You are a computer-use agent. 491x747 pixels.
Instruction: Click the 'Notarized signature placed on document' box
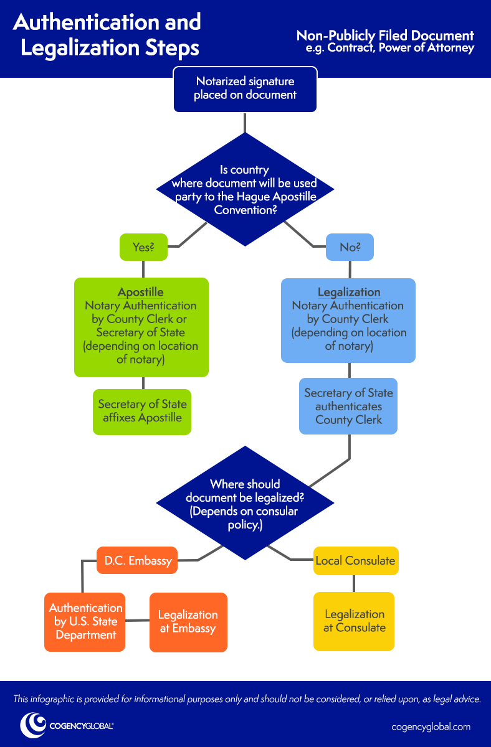point(245,89)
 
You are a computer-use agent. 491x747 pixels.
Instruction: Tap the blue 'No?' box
point(350,247)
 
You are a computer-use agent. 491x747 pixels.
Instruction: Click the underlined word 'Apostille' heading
point(141,293)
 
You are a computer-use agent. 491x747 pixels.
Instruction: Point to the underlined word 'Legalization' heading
point(348,293)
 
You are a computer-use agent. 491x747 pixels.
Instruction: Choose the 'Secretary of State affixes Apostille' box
point(142,411)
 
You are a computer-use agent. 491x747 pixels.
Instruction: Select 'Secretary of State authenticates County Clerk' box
point(348,406)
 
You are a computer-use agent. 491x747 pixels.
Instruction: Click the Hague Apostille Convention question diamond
point(245,189)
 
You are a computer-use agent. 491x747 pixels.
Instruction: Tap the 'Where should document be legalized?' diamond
point(245,504)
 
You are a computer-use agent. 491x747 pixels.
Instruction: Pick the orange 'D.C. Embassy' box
point(138,560)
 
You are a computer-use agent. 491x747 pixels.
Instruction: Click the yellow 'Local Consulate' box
point(355,560)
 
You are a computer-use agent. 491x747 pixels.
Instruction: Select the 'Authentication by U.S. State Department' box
point(85,621)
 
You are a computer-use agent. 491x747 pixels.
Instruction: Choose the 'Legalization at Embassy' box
point(188,622)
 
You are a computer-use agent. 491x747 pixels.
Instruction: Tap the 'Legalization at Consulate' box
point(354,621)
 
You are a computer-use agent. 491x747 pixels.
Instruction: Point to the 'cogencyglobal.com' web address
point(431,726)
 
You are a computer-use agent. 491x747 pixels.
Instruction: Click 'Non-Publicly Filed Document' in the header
point(385,35)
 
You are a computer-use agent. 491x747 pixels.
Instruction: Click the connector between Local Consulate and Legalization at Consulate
point(354,583)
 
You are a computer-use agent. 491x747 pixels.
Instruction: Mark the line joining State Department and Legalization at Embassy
point(137,621)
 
